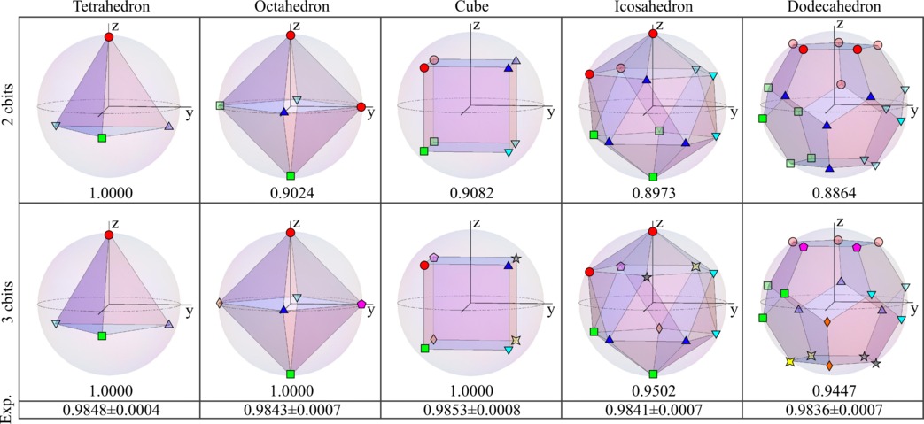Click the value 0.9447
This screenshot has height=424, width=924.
click(832, 390)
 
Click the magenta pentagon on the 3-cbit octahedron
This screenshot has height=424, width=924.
click(361, 304)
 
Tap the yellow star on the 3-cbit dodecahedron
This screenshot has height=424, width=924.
click(789, 362)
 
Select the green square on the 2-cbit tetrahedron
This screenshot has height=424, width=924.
click(103, 139)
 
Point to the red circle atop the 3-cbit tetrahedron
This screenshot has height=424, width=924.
click(109, 235)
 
